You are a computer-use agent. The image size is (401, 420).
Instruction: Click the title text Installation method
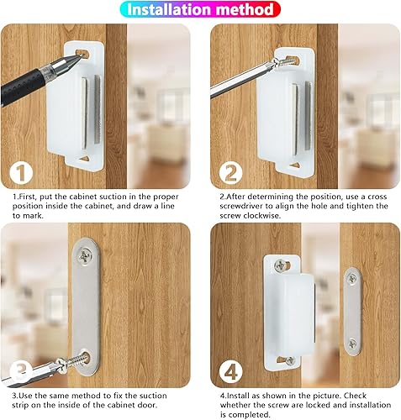pyautogui.click(x=199, y=10)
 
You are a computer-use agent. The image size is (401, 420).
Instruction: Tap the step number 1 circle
pyautogui.click(x=21, y=175)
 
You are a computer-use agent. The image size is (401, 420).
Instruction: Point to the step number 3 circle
pyautogui.click(x=21, y=370)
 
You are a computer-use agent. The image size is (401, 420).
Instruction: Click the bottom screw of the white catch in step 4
pyautogui.click(x=289, y=360)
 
